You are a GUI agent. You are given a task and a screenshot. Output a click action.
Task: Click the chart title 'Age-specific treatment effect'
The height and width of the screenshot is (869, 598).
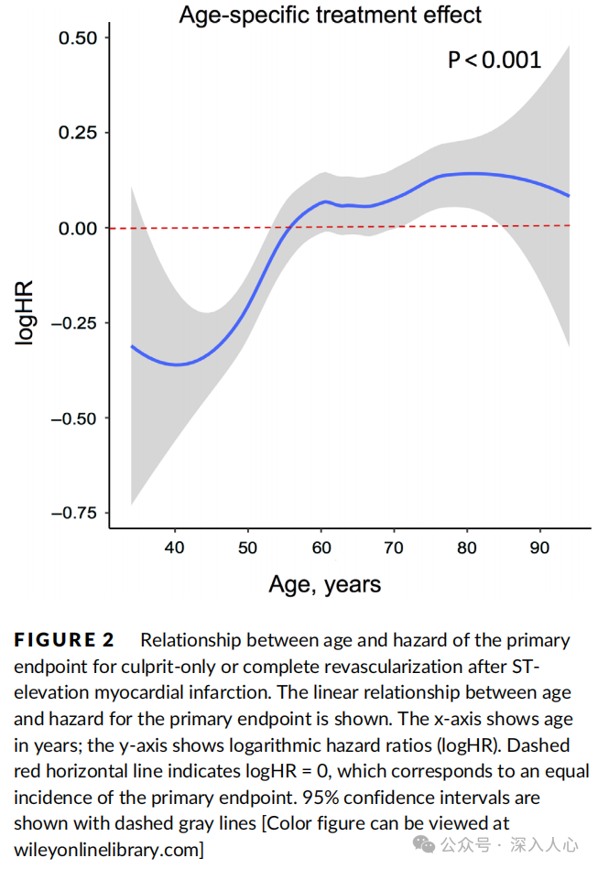(330, 15)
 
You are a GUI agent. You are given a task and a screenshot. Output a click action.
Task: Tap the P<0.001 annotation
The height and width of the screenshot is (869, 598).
(495, 60)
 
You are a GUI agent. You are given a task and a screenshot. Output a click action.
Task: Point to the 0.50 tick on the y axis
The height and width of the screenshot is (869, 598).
(78, 38)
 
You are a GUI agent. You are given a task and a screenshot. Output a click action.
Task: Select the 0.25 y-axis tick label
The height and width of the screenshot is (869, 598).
(78, 133)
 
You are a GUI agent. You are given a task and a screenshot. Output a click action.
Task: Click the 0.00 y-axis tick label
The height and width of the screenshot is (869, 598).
(78, 228)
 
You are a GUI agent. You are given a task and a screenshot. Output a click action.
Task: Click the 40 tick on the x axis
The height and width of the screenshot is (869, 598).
(175, 548)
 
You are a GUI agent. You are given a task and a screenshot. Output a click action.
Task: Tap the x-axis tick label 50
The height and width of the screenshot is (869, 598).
(248, 548)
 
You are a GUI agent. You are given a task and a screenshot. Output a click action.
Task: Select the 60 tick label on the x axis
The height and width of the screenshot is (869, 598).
(321, 548)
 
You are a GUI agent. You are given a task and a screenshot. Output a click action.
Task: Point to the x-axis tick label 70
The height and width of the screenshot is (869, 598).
(395, 548)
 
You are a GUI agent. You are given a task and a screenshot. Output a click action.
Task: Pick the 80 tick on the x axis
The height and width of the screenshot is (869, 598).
(468, 548)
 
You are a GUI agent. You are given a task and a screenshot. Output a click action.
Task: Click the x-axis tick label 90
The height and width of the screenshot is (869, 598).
(540, 548)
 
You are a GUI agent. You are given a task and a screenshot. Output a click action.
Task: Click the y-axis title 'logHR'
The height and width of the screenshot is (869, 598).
(25, 312)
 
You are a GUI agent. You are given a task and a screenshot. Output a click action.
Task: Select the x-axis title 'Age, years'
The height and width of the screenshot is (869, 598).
(325, 583)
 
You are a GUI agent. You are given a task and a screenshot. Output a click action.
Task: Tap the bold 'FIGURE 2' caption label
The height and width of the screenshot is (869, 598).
(71, 640)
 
